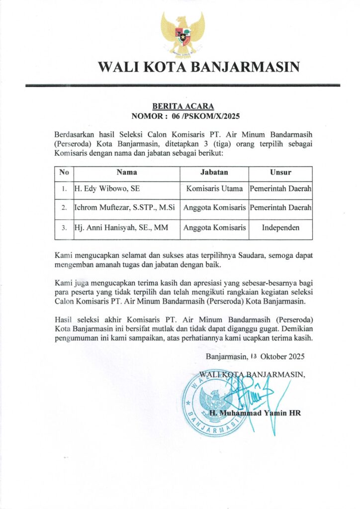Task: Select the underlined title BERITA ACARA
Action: click(x=182, y=106)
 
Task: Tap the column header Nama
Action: click(x=127, y=173)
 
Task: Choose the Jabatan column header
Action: click(x=214, y=173)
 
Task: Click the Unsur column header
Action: click(x=280, y=173)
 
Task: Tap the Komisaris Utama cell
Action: click(x=214, y=189)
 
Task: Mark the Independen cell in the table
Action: click(x=280, y=228)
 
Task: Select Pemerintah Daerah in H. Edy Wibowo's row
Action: click(x=280, y=189)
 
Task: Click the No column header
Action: click(x=64, y=173)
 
